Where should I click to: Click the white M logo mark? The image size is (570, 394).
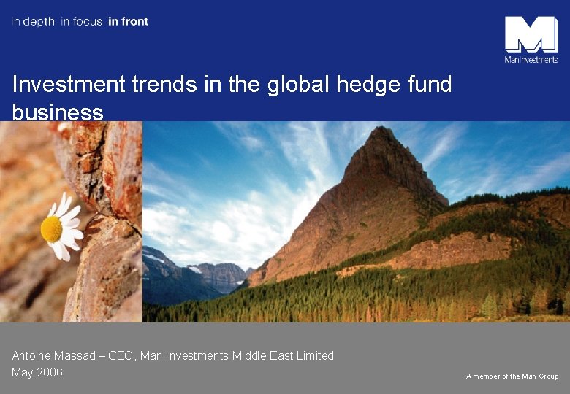[531, 34]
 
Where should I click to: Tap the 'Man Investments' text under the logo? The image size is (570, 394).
[531, 60]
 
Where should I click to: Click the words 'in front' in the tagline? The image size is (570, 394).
[128, 22]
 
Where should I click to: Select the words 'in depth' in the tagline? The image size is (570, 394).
[33, 22]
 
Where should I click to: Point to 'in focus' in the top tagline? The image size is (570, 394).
[81, 22]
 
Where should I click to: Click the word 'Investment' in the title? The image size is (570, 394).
[69, 85]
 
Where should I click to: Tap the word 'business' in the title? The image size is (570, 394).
[58, 112]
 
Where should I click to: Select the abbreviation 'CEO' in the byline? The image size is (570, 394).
[121, 356]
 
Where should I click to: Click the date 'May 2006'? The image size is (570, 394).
[37, 373]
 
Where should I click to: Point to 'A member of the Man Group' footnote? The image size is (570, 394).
[512, 376]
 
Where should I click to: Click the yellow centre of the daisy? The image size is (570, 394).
[51, 229]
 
